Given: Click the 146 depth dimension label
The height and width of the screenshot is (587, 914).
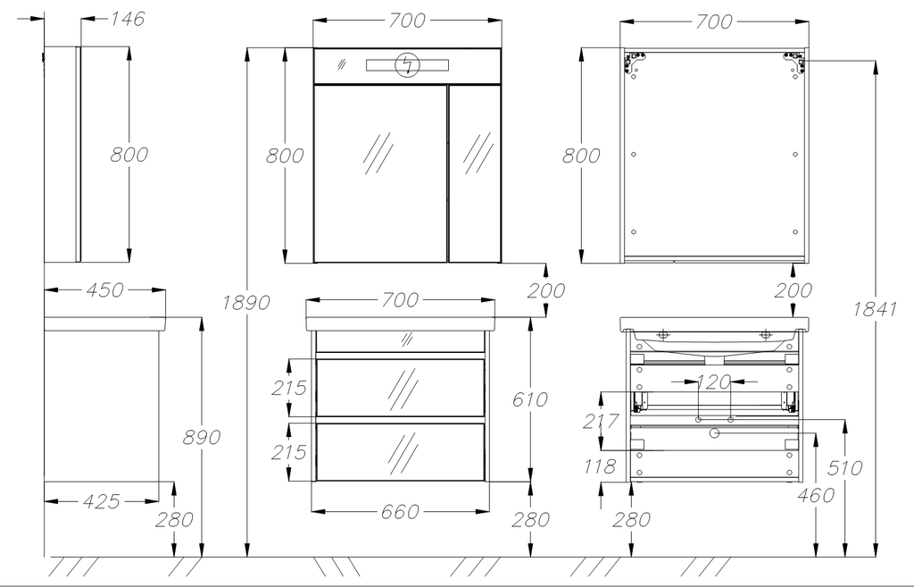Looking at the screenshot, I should point(127,19).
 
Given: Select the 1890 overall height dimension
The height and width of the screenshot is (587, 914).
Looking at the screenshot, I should point(245,303).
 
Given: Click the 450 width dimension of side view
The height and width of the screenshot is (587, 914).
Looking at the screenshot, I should point(105,289).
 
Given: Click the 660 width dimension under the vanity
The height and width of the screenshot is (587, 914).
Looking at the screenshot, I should point(399,511).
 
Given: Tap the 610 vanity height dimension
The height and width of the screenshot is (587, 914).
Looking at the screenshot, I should point(530,399).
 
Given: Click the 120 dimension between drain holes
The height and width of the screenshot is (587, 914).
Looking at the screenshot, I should point(713,382).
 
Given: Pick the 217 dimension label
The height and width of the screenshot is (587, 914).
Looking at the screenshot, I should point(601,421).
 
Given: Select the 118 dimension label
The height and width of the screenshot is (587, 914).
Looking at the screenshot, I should point(601,465).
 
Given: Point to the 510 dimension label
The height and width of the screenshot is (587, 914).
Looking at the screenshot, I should point(844,468).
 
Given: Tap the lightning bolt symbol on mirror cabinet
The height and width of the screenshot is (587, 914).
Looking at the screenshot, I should point(409,65).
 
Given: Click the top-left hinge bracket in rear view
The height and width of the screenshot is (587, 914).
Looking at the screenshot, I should point(634,63).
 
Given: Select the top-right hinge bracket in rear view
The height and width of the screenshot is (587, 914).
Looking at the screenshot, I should point(793,62).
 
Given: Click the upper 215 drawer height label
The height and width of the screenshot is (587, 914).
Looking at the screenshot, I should point(289,388).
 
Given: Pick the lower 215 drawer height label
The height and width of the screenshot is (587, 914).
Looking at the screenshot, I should point(289,452).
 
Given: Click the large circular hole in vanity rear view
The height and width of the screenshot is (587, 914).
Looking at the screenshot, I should point(714,433).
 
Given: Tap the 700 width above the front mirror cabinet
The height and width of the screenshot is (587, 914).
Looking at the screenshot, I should point(407,20).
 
